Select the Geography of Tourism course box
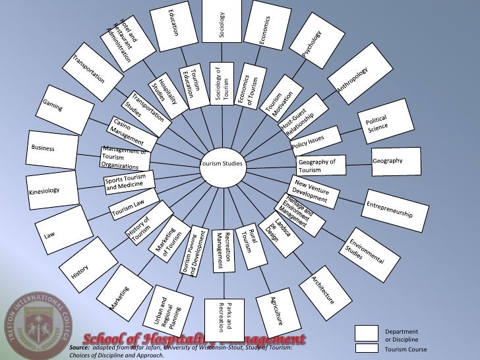(x=321, y=165)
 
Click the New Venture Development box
(x=313, y=191)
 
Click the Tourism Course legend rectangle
(x=366, y=348)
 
